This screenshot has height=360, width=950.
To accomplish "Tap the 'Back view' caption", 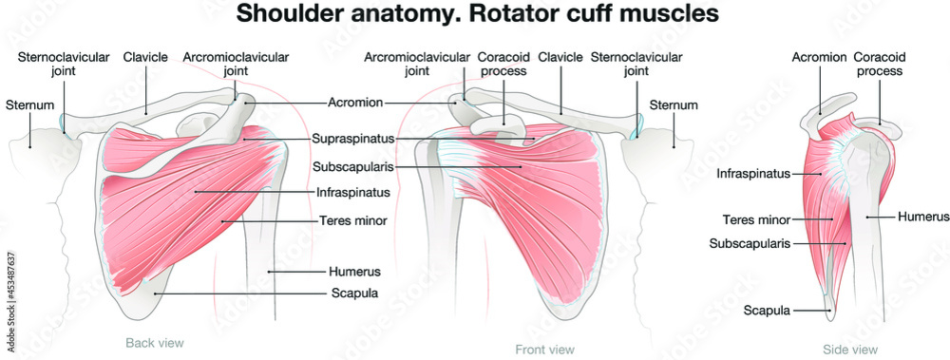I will pos(154,342).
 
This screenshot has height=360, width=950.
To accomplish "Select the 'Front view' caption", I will pos(544,350).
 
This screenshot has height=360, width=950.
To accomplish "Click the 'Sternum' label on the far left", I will pos(28,104).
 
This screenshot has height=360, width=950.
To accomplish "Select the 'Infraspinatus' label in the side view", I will pos(754,173).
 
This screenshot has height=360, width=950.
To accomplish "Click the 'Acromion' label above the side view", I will pos(819,57).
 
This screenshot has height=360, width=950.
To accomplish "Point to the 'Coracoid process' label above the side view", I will pos(878,64).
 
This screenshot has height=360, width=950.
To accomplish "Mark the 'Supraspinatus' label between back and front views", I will pos(353,139).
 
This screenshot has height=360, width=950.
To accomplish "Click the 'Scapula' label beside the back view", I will pos(353,293).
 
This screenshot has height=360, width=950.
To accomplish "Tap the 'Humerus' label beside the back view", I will pos(354,271).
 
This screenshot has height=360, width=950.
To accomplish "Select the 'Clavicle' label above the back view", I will pos(145,57).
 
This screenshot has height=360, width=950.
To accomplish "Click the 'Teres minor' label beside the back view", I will pos(352,220).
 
